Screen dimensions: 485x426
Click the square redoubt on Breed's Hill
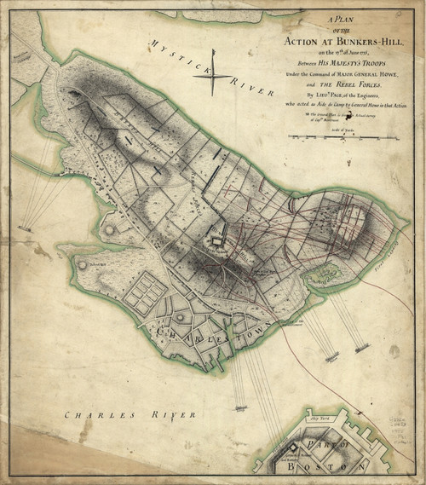click(217, 244)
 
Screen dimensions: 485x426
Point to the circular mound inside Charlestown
click(181, 317)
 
